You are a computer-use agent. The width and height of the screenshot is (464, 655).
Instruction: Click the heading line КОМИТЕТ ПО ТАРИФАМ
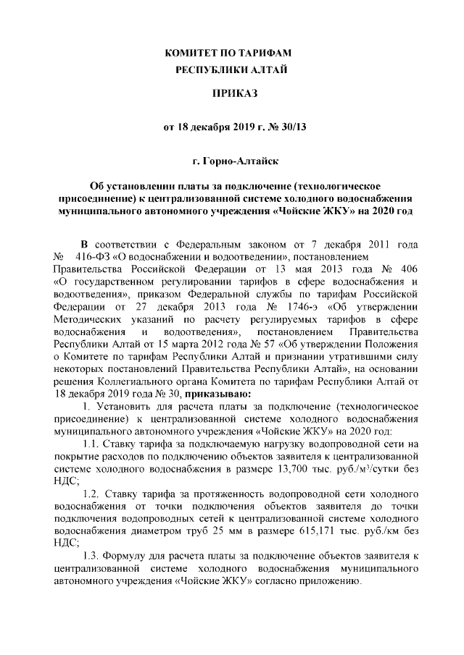[x=232, y=54]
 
